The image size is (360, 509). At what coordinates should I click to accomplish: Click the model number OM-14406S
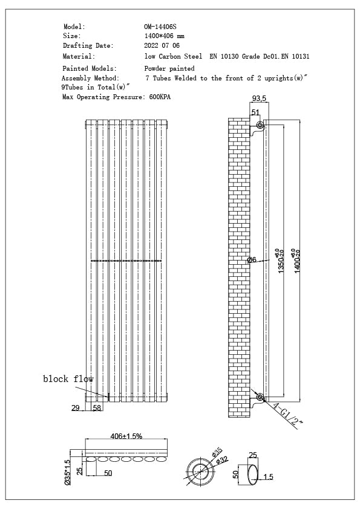160,27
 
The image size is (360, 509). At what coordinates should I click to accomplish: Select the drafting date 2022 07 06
162,45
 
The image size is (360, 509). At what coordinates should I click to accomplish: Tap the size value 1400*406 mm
165,36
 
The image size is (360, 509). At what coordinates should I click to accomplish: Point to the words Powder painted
169,69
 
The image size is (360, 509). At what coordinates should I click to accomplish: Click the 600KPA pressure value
159,97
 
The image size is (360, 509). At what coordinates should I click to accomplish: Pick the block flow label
68,379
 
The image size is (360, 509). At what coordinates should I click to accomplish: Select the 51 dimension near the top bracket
255,112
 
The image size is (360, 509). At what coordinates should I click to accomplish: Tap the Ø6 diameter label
252,260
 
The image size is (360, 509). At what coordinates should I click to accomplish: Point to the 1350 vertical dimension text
280,261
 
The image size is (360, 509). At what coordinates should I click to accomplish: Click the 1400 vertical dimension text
296,261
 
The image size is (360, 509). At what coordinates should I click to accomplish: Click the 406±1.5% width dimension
126,436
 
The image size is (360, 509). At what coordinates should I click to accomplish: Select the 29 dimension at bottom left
76,408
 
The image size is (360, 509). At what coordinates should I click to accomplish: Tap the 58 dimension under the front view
97,408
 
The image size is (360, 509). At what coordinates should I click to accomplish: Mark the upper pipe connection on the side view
260,126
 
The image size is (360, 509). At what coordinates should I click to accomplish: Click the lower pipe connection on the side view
260,397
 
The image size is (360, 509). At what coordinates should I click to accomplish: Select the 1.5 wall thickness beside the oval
269,477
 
